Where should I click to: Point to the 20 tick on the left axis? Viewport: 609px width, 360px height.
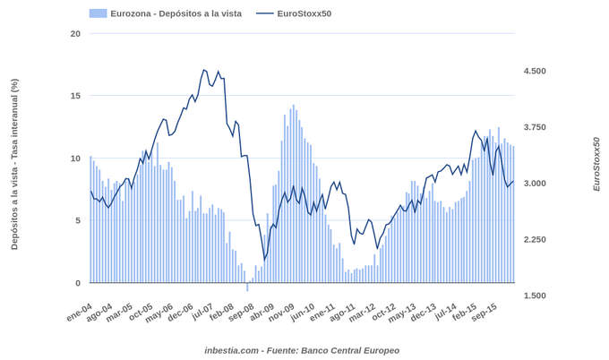tap(75, 34)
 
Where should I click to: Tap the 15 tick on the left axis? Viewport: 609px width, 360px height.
tap(75, 96)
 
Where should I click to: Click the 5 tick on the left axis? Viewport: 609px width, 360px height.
tap(77, 221)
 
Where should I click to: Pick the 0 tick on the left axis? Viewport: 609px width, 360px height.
tap(77, 283)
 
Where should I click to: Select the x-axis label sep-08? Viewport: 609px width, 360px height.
tap(242, 313)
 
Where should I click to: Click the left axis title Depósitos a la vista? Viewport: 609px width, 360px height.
tap(14, 164)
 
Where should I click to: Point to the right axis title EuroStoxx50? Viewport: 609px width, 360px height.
tap(596, 164)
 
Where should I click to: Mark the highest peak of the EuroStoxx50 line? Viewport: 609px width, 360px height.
tap(204, 70)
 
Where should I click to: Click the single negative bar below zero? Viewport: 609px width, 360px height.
tap(248, 287)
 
